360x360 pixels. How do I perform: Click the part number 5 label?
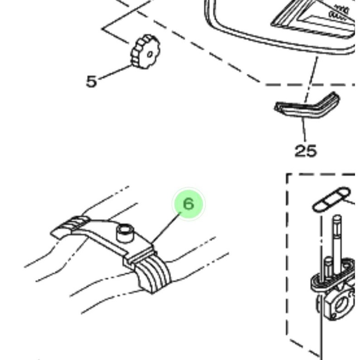click(91, 81)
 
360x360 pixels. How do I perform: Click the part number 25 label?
click(305, 151)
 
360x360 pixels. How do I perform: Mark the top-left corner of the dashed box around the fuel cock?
click(287, 175)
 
